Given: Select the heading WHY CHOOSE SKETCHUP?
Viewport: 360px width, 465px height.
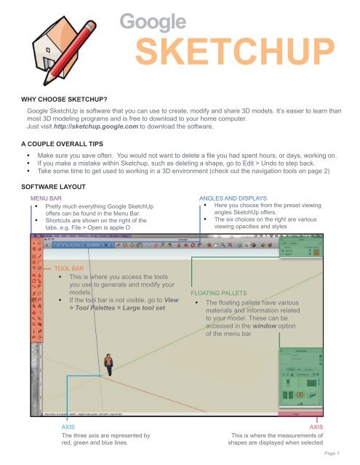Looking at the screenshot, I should coord(55,98).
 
